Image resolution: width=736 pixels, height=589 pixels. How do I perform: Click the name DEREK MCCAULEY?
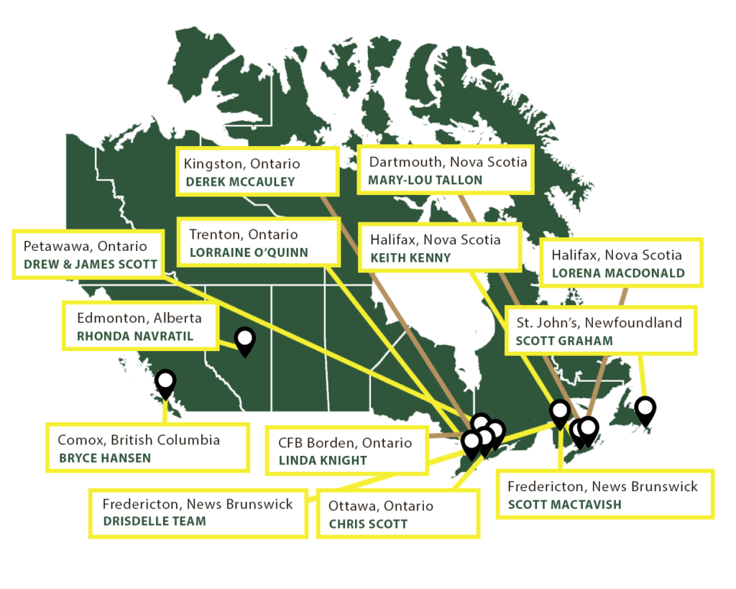point(240,182)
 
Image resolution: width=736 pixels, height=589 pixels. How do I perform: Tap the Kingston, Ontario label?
point(241,163)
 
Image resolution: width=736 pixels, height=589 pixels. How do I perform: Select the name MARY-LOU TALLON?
point(425,180)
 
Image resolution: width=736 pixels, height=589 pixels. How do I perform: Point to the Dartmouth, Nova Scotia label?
point(448,162)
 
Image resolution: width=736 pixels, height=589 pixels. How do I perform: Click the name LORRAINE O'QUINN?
point(249,252)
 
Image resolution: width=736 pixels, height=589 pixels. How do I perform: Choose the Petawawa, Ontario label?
point(85,246)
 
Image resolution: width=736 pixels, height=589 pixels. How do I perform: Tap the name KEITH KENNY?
point(410,257)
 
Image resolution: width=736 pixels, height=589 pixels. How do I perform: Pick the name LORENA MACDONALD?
point(618,273)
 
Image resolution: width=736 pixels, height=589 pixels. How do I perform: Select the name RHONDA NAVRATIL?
point(135,336)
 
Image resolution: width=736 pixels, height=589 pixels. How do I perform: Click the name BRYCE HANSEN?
point(105,458)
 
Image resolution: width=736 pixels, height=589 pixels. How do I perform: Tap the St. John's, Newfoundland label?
point(599,322)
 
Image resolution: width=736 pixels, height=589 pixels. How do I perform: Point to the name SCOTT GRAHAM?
point(564,341)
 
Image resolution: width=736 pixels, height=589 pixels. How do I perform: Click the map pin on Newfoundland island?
point(645,408)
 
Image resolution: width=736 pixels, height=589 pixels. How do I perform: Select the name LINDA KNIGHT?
point(323,460)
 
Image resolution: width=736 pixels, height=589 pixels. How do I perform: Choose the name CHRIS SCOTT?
point(368,524)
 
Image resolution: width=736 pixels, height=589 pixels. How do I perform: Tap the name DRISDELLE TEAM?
point(154,521)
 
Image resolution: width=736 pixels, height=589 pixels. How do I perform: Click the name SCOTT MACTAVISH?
point(564,505)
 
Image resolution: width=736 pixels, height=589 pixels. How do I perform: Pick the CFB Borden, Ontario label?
point(345,442)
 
